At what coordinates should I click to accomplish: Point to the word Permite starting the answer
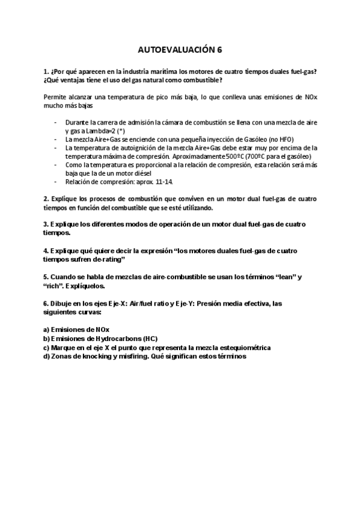(x=55, y=97)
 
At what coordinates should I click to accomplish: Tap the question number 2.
(x=46, y=198)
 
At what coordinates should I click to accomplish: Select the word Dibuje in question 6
(x=65, y=304)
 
